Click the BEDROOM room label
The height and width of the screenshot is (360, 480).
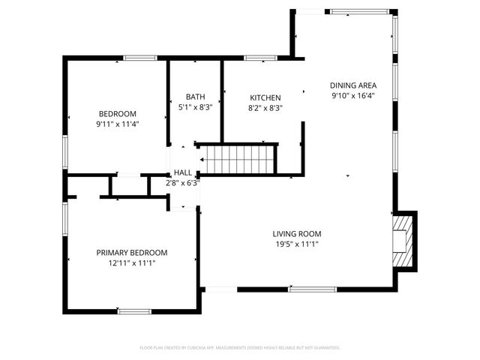pos(118,114)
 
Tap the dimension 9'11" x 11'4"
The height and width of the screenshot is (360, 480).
pos(118,124)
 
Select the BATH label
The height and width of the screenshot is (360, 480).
pos(195,97)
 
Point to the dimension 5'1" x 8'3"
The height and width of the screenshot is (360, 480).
pos(195,107)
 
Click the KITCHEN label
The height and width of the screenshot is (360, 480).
pos(265,98)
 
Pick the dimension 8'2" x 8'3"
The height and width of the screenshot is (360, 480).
pos(265,108)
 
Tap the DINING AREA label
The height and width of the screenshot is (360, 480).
pos(353,85)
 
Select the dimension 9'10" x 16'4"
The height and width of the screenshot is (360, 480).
pos(353,95)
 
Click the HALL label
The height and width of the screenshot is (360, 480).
pos(182,173)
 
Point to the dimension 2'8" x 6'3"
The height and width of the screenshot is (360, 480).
pos(182,182)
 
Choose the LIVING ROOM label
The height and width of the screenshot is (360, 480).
pos(296,234)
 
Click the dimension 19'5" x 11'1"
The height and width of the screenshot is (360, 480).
pos(296,244)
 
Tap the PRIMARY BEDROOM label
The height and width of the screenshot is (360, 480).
pos(131,253)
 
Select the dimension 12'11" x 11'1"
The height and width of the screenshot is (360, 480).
pos(131,262)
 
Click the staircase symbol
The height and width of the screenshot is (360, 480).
pos(238,160)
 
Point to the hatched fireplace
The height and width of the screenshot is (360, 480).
pos(403,240)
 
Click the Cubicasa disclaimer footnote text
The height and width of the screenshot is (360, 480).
pos(240,348)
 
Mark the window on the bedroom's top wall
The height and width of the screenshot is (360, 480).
pos(139,58)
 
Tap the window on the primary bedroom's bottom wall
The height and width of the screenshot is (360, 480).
pos(133,310)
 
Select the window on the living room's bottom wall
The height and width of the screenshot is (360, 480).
pos(313,289)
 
